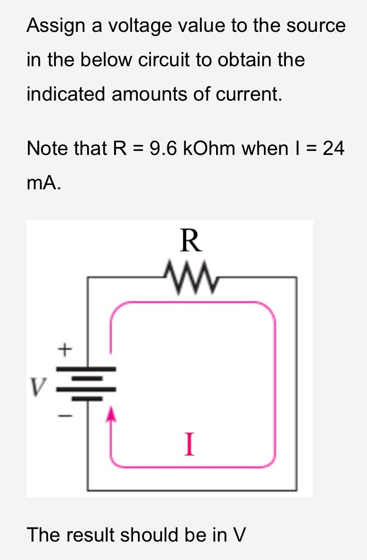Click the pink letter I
pyautogui.click(x=188, y=444)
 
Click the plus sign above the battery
pyautogui.click(x=64, y=349)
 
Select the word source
pyautogui.click(x=318, y=25)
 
